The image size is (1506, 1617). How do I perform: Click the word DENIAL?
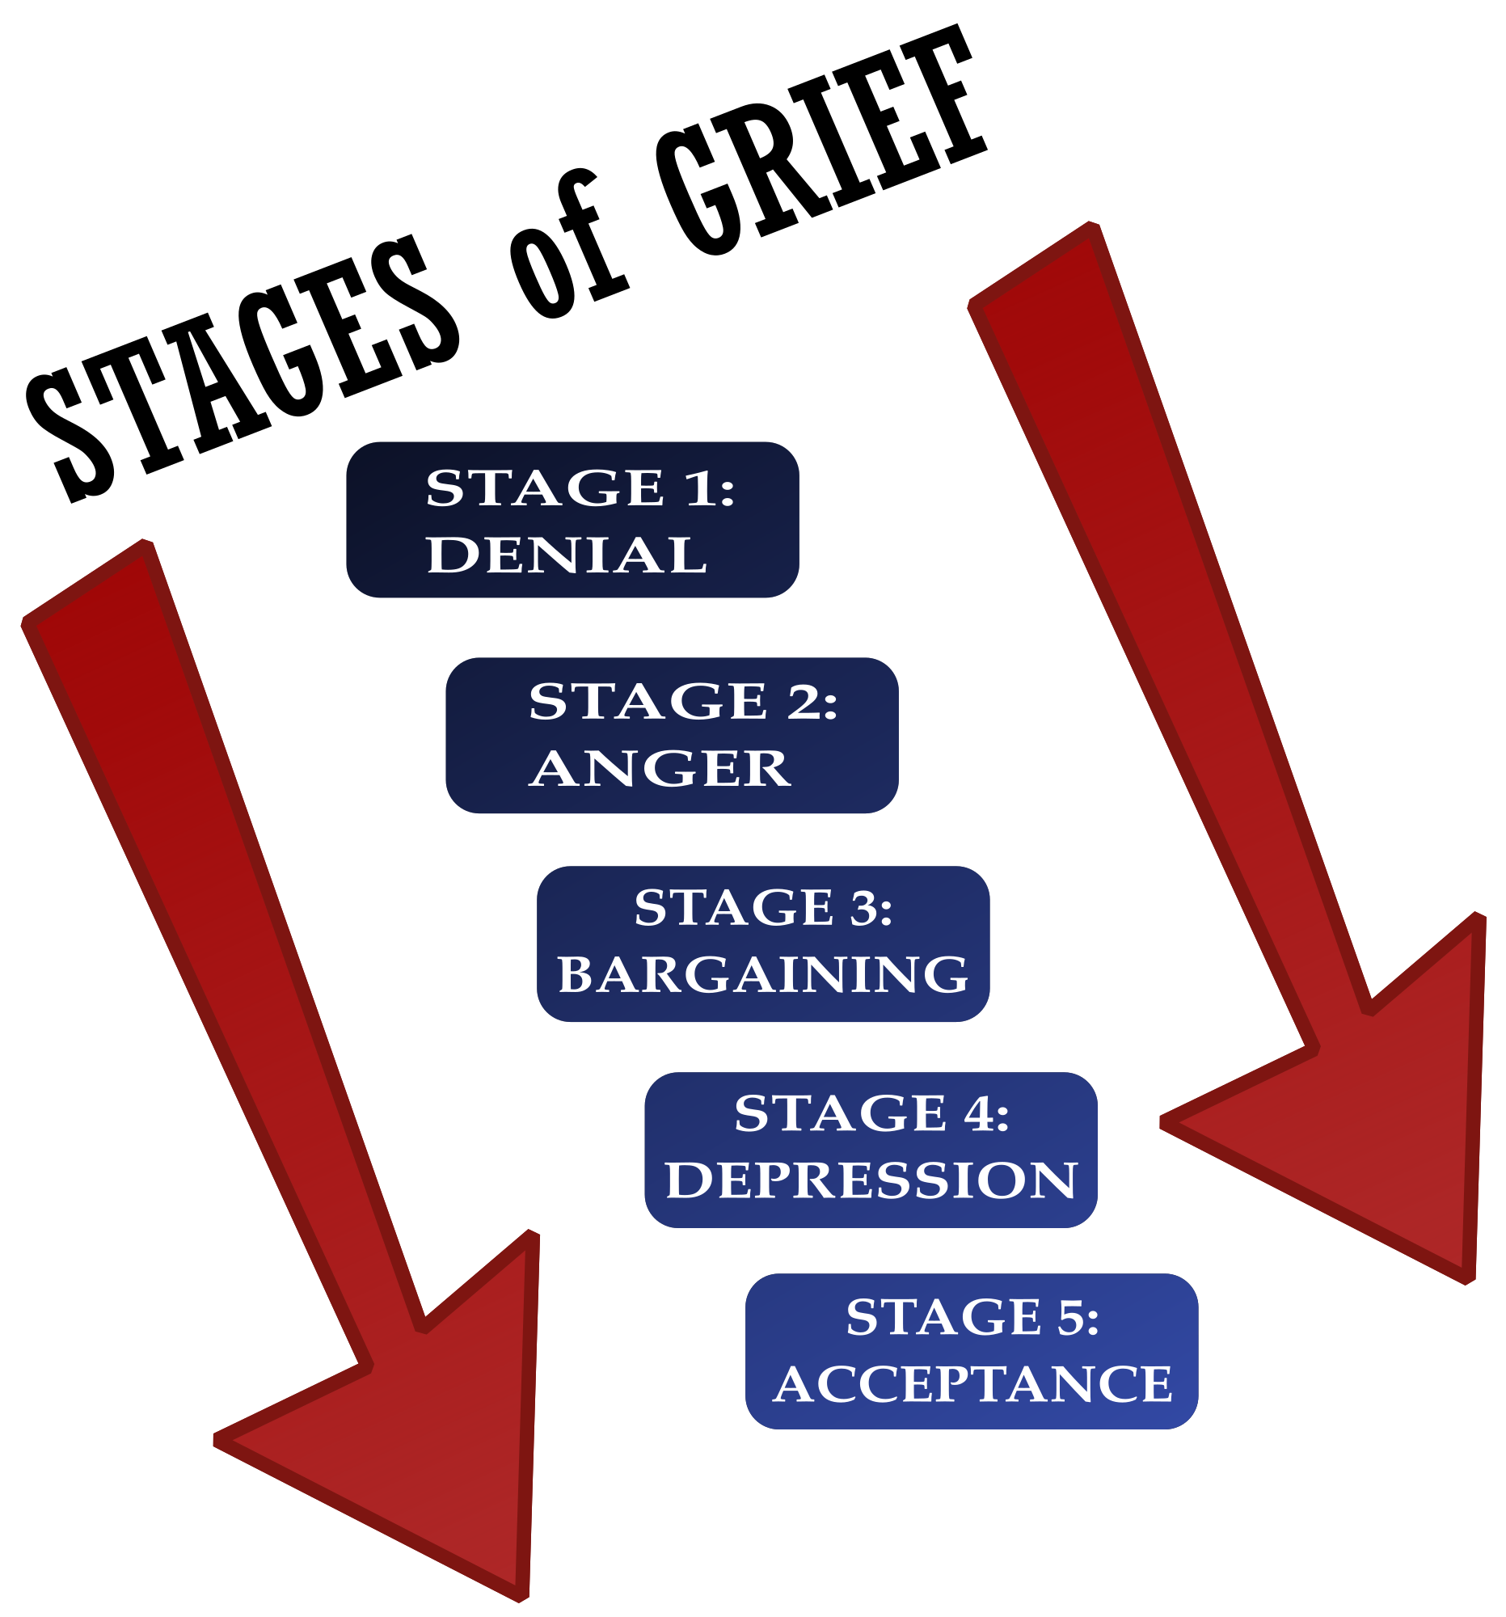click(567, 555)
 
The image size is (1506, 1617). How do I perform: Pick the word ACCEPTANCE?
click(972, 1383)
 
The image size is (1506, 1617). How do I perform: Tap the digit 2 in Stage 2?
click(803, 701)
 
